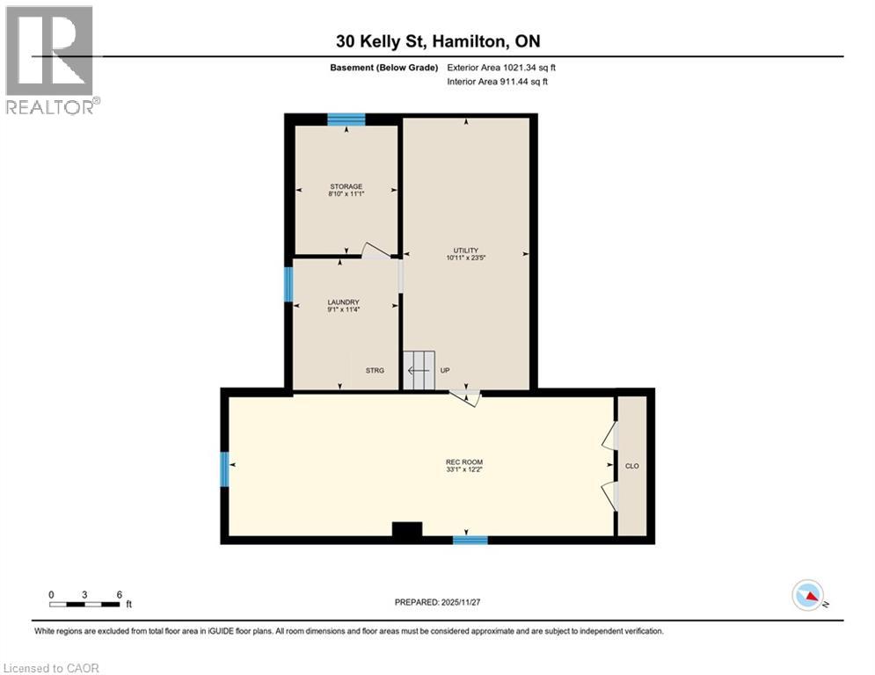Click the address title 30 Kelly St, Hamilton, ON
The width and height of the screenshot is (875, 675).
click(437, 40)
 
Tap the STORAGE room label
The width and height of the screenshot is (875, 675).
click(346, 190)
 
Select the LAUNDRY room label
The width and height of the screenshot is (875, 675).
click(344, 306)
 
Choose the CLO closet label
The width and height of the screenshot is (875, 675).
click(631, 465)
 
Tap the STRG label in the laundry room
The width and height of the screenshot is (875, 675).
click(375, 371)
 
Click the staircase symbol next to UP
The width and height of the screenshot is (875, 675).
click(419, 370)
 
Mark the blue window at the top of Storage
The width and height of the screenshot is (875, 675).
click(346, 120)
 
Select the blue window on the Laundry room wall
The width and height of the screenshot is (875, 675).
click(288, 284)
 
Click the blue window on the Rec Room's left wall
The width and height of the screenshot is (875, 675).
click(225, 468)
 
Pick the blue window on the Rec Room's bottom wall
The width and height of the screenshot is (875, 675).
click(470, 540)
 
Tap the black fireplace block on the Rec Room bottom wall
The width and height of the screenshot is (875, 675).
click(406, 529)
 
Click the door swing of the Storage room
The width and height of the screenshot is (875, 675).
click(376, 250)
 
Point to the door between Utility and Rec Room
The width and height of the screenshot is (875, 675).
click(465, 398)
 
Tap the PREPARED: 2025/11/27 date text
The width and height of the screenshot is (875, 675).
click(438, 602)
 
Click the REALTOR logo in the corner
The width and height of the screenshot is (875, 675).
click(50, 60)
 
